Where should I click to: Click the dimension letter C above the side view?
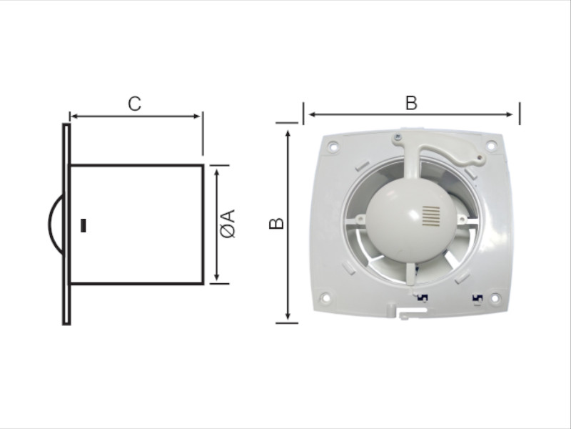134,104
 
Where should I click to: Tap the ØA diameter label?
228,224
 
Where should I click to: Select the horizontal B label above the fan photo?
411,103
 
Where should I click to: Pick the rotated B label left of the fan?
276,223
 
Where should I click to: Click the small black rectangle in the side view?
84,225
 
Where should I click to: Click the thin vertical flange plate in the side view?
66,224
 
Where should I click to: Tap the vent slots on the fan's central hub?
431,216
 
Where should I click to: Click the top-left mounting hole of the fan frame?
333,147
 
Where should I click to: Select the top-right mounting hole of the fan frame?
491,146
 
